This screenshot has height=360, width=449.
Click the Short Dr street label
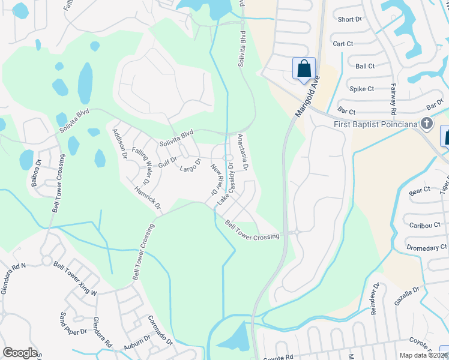[x=350, y=19]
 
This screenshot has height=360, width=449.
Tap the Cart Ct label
[x=343, y=44]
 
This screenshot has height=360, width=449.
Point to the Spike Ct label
[x=362, y=89]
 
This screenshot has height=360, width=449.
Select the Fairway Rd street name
[x=394, y=100]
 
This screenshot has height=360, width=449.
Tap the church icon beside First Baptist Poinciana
[x=427, y=124]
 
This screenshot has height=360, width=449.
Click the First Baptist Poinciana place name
[x=376, y=125]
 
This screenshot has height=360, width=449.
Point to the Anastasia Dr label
[x=243, y=151]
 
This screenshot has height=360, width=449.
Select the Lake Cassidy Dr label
[x=226, y=183]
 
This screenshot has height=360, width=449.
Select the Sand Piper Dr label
[x=73, y=325]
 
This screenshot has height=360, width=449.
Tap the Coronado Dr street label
[x=160, y=331]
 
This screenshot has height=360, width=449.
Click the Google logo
[x=20, y=353]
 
